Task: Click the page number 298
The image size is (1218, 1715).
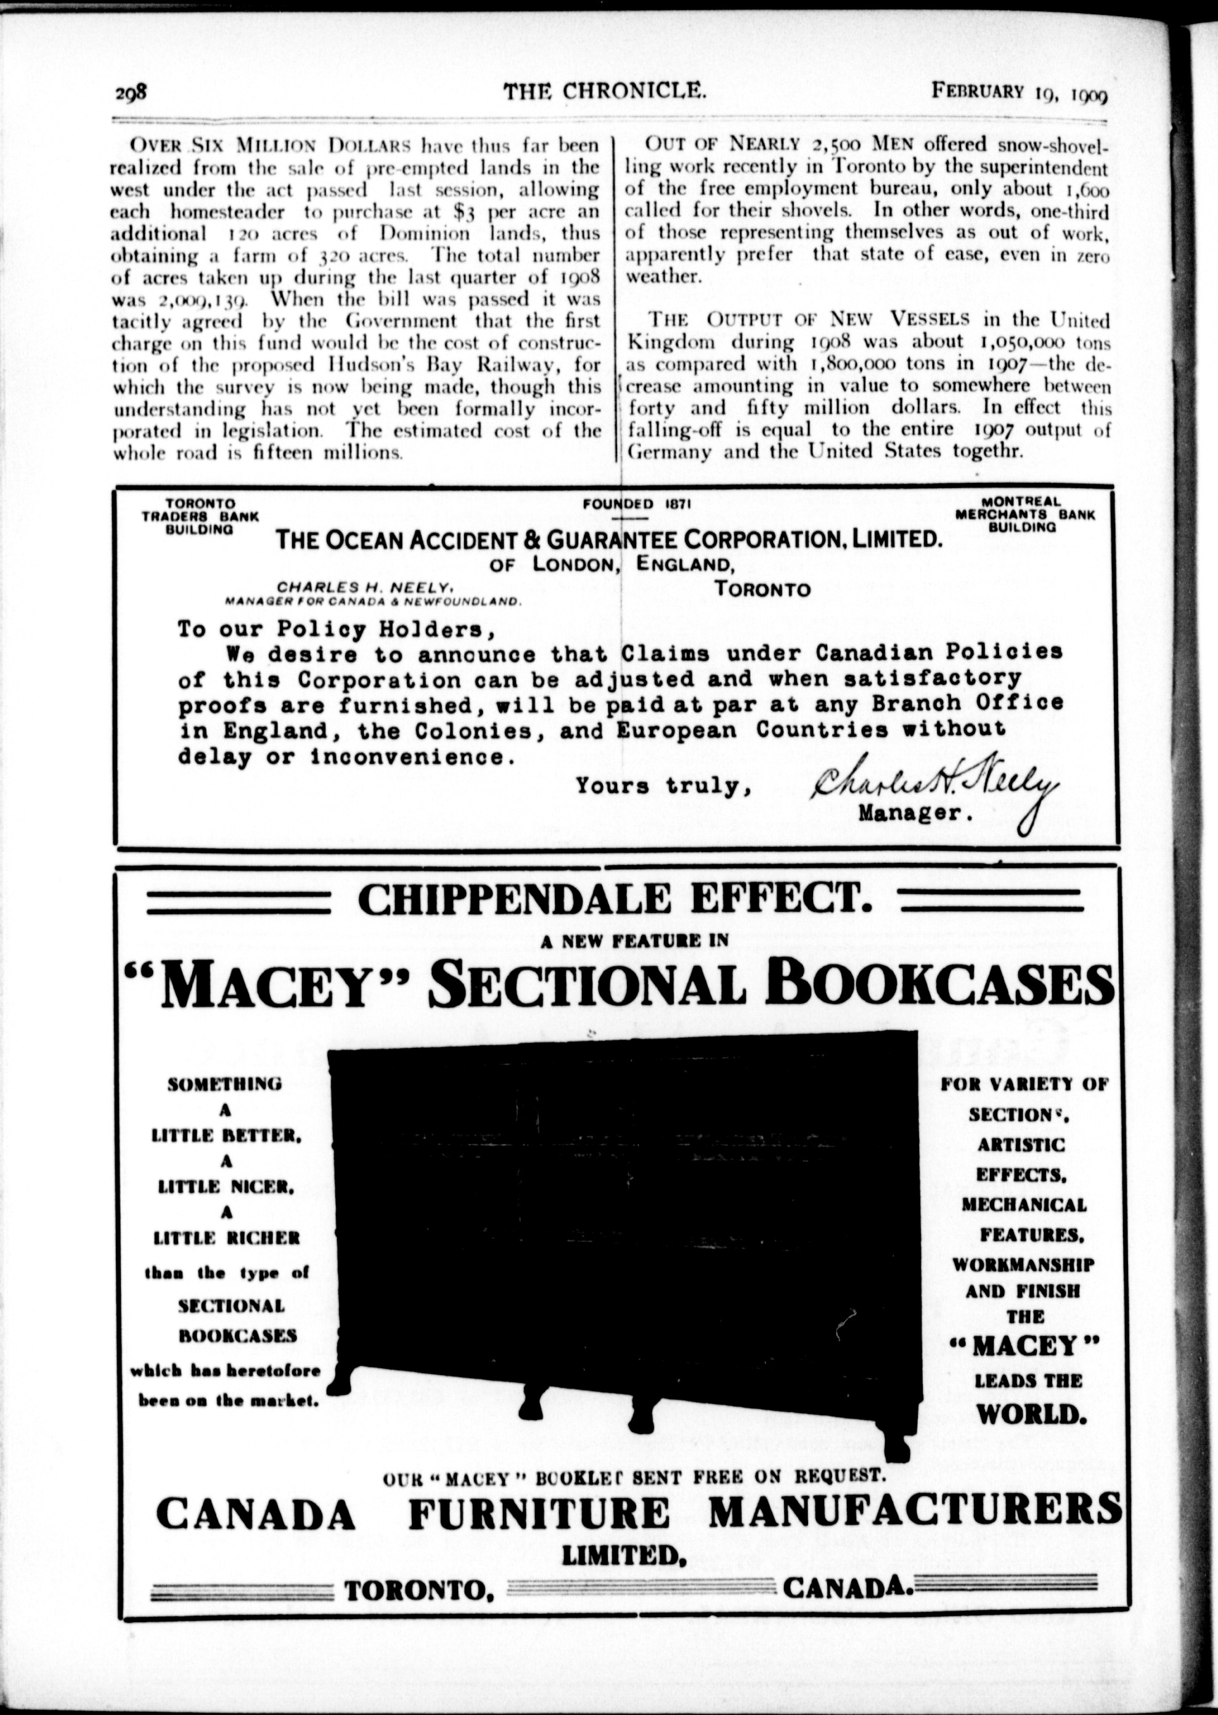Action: point(134,94)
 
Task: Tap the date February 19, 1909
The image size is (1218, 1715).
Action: point(1020,93)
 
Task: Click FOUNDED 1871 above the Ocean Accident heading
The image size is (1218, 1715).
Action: point(636,505)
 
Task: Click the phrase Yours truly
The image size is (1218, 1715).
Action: point(664,786)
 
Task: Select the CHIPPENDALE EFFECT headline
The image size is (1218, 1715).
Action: point(615,900)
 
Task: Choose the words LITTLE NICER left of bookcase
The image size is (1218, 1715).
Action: point(226,1186)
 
